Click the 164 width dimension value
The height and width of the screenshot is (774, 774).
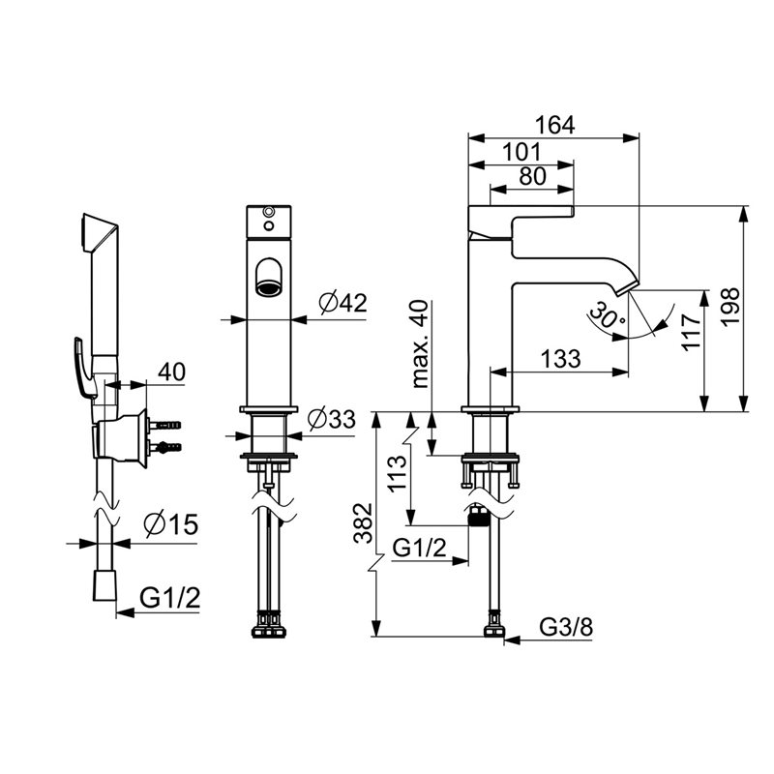click(554, 126)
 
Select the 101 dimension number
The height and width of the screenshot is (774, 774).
click(521, 152)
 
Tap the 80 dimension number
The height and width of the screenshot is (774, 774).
click(533, 176)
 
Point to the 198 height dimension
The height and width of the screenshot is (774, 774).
click(730, 306)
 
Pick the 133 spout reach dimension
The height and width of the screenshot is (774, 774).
click(561, 358)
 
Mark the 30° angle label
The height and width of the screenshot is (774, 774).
click(607, 316)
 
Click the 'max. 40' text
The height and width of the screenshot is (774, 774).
click(420, 344)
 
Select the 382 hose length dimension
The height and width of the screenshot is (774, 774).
click(364, 522)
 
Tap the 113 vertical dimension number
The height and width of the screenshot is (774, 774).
click(398, 473)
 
